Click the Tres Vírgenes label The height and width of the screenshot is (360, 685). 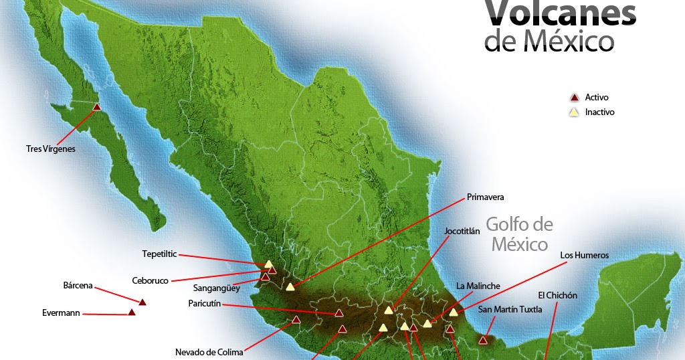tap(50, 149)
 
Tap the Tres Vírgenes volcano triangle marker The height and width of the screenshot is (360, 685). tap(97, 106)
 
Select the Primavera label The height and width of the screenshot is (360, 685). tap(485, 197)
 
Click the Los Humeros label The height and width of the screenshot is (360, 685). tap(584, 255)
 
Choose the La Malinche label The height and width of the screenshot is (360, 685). tap(478, 286)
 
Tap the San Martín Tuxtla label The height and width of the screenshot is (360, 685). tap(510, 309)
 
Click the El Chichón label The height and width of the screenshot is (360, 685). tap(557, 295)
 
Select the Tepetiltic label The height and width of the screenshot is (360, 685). tap(160, 254)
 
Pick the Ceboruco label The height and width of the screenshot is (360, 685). tap(151, 281)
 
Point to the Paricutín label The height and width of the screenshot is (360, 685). tap(204, 304)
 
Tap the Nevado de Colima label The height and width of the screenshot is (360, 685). tap(209, 352)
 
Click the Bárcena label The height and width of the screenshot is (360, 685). tap(78, 285)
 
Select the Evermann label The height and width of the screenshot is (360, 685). tap(62, 312)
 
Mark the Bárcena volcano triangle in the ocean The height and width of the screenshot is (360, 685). tap(142, 302)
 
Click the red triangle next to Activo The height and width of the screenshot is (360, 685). tap(573, 98)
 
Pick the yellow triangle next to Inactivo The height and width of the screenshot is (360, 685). tap(573, 112)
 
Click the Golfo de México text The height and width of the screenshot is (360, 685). tap(520, 234)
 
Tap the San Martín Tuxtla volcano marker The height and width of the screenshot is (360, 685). tap(483, 340)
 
